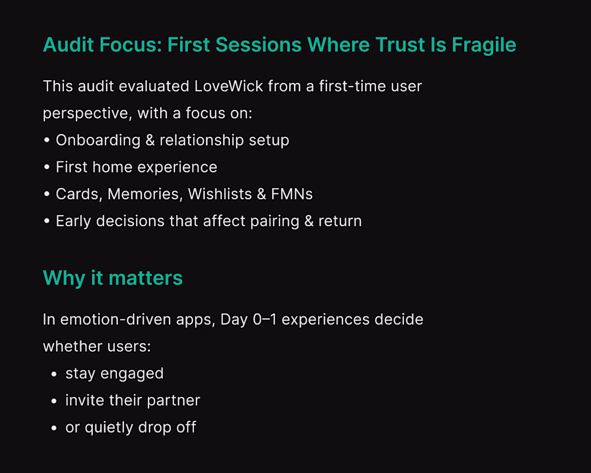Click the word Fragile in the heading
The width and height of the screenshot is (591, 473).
pos(484,45)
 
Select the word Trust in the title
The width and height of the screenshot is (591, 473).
pos(400,45)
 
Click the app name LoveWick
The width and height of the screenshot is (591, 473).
pos(228,86)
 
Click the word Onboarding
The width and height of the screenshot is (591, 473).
pos(98,140)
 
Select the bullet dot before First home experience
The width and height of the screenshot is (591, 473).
pos(47,167)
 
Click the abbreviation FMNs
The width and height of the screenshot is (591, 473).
pos(292,194)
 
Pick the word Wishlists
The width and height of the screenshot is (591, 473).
pos(220,194)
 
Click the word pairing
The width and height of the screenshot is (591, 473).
pos(275,221)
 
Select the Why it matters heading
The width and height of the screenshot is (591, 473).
pos(113,278)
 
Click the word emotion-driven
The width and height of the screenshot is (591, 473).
pos(118,319)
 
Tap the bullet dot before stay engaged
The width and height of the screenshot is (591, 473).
pos(54,374)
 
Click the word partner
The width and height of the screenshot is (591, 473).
pos(174,400)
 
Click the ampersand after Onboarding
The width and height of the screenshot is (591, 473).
pos(150,140)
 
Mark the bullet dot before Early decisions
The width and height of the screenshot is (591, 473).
pos(47,221)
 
